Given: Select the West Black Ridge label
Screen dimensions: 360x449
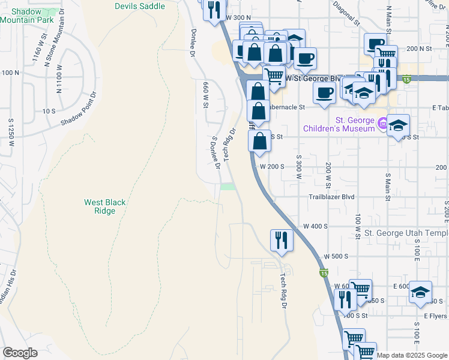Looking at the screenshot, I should (105, 206).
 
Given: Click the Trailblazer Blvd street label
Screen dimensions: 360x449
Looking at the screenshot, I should (331, 197).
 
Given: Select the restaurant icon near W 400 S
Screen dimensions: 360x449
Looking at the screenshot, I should (281, 239).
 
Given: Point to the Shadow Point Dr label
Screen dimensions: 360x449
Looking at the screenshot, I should (78, 109).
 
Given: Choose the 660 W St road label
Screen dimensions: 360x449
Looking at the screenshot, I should (205, 95).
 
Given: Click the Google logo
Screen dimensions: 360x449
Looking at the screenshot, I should (20, 353).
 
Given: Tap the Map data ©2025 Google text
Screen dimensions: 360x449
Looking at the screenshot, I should (411, 355).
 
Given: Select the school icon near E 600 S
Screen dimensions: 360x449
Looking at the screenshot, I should (420, 292).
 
